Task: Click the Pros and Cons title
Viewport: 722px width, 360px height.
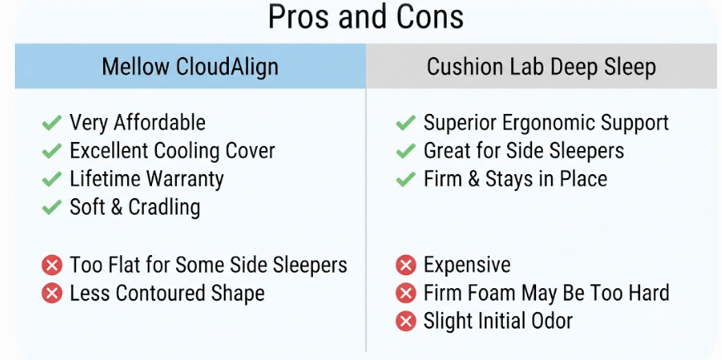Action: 366,17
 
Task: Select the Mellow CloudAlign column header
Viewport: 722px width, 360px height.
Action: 190,67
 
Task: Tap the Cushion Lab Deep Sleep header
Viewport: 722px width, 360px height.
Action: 541,67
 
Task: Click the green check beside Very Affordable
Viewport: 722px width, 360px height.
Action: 51,123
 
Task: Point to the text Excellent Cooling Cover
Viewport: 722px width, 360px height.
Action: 172,151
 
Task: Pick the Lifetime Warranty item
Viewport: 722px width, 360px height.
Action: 146,179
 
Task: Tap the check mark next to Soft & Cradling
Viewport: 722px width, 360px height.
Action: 51,207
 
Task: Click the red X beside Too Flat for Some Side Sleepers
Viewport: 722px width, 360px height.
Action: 51,265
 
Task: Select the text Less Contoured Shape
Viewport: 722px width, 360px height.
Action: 167,293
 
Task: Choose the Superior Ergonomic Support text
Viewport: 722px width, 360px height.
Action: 546,123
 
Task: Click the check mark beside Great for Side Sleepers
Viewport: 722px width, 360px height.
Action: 406,151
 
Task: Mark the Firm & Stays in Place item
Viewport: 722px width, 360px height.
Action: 515,179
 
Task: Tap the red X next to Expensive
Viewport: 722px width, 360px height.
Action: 406,265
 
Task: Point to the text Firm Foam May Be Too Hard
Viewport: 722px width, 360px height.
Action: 547,293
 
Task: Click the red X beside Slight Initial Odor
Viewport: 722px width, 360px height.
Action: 406,321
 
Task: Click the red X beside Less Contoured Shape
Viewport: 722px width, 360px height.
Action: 51,293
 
